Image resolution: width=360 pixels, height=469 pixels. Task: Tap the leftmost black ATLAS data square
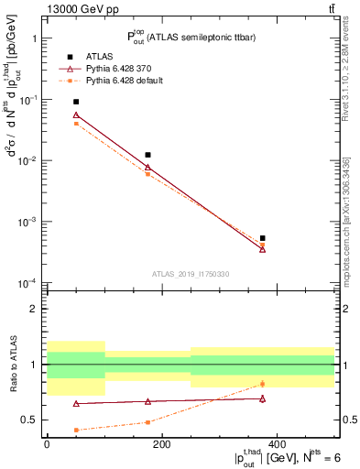tap(76, 102)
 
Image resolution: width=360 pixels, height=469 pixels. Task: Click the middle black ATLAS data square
tap(147, 155)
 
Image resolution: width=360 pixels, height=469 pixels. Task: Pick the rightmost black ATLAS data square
tap(262, 238)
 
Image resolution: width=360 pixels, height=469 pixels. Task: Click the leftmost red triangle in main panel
tap(76, 115)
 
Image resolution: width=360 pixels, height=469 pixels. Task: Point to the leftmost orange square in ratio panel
tap(76, 430)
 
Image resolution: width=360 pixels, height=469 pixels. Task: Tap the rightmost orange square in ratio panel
tap(262, 384)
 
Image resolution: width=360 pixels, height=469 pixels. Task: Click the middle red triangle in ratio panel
tap(147, 401)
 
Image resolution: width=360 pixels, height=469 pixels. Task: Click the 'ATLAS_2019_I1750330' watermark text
tap(191, 274)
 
